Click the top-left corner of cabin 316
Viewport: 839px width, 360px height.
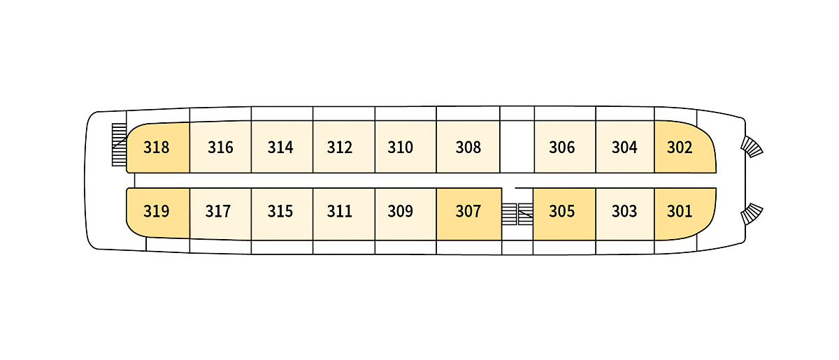tap(190, 122)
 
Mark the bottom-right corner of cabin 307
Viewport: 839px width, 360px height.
tap(501, 240)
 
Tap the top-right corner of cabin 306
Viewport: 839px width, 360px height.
tap(596, 121)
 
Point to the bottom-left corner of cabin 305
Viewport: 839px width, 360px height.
tap(533, 240)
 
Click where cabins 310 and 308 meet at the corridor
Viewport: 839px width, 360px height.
tap(436, 173)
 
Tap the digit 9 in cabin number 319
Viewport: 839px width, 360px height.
tap(165, 211)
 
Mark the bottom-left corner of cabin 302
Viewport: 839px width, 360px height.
tap(654, 173)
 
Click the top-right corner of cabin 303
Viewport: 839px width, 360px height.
tap(654, 189)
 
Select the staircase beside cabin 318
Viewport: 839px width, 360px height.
tap(119, 145)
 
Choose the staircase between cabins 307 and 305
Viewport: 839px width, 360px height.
tap(517, 215)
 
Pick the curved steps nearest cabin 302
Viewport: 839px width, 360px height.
tap(752, 147)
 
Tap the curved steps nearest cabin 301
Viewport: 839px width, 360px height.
tap(752, 214)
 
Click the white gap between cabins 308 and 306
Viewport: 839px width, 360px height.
tap(517, 147)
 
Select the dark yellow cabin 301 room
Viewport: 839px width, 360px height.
tap(685, 214)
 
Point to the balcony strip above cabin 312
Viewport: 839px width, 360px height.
tap(344, 113)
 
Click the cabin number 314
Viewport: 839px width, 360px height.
tap(280, 147)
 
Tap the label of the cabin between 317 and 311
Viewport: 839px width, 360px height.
tap(280, 211)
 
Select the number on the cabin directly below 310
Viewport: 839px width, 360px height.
tap(401, 211)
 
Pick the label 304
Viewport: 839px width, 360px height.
tap(624, 147)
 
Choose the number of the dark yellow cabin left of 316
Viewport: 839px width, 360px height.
tap(156, 147)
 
